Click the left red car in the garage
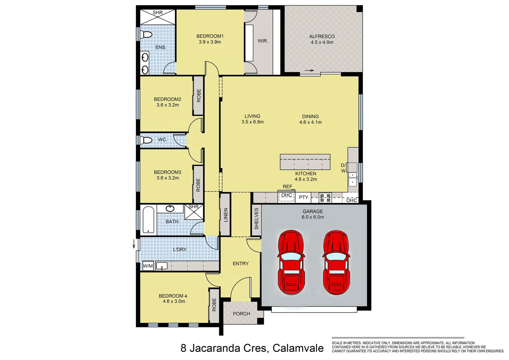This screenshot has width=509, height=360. point(291,262)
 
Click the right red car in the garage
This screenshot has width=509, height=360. point(336,262)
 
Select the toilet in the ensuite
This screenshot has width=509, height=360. point(147,34)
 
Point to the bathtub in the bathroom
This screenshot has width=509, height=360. point(148,220)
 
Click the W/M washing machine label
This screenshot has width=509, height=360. point(148,266)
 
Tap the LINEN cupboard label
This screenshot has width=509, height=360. point(226,215)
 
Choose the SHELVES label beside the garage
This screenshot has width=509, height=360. point(256,219)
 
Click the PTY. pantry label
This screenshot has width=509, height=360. point(304,197)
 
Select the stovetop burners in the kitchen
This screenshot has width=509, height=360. point(325,198)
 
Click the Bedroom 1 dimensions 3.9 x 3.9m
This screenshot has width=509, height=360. point(210,42)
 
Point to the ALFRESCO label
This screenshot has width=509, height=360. point(322,36)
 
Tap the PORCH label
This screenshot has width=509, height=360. point(242,314)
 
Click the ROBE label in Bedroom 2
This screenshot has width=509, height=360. point(199,95)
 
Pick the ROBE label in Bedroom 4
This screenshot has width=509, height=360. point(214,305)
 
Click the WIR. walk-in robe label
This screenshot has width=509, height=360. point(263,41)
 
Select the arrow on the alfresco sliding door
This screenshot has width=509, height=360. point(309,70)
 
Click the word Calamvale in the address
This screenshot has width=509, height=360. point(298,348)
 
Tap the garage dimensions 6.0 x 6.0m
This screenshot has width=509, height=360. point(313,217)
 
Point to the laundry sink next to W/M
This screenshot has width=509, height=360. point(162,266)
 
